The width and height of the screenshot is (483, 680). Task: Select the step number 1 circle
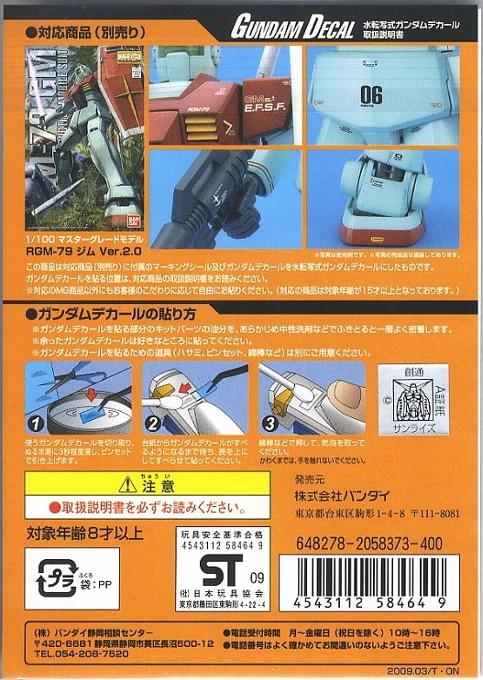pos(34,424)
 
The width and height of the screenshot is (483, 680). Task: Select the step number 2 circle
pos(154,424)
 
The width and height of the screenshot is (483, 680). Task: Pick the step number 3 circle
pos(269,424)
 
